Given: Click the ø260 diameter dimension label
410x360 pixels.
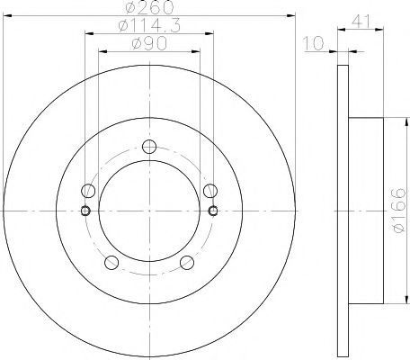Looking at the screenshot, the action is click(x=149, y=7).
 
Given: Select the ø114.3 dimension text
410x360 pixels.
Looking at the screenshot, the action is click(x=149, y=26).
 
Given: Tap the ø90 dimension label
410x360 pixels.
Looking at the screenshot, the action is click(x=149, y=44).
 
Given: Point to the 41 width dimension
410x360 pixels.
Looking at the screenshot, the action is click(x=361, y=21).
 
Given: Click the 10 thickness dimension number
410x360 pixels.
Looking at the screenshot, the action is click(x=314, y=43).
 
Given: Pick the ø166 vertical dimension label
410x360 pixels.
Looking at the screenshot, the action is click(x=399, y=210).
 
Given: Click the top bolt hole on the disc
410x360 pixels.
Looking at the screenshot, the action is click(x=149, y=147).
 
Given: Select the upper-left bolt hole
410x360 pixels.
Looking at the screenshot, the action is click(x=88, y=191).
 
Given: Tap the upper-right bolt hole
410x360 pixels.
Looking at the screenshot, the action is click(x=210, y=191).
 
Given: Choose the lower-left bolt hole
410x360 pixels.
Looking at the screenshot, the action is click(x=111, y=263).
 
